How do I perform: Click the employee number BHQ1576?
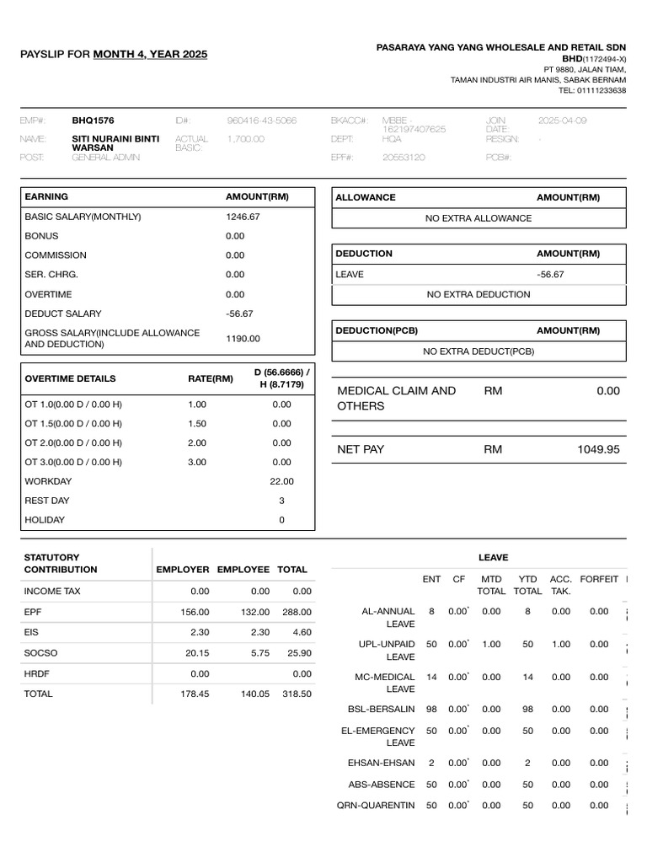93,121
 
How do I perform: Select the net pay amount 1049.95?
598,449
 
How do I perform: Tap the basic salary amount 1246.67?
243,217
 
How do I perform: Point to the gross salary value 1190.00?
243,338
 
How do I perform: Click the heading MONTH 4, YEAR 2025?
150,55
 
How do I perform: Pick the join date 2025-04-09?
563,121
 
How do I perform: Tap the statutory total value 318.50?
297,694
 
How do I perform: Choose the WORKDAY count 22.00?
281,481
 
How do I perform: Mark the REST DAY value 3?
281,501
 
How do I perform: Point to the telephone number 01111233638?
598,90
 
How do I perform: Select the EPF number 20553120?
404,158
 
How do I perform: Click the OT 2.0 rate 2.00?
197,442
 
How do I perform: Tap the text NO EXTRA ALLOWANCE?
479,218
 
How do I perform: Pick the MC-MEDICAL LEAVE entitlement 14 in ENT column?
431,677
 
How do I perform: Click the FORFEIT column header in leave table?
599,580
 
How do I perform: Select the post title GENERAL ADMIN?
106,158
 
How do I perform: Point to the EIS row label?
32,632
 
